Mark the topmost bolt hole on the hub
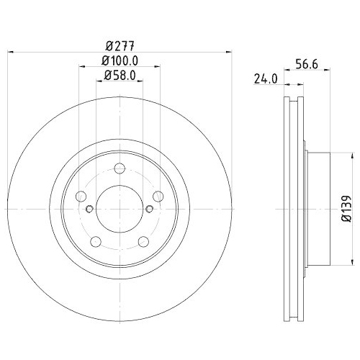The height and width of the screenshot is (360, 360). (119, 169)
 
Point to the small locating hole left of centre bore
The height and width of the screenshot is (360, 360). (89, 209)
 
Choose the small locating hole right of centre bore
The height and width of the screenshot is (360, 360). (149, 209)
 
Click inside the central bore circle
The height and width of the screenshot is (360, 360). (119, 209)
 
